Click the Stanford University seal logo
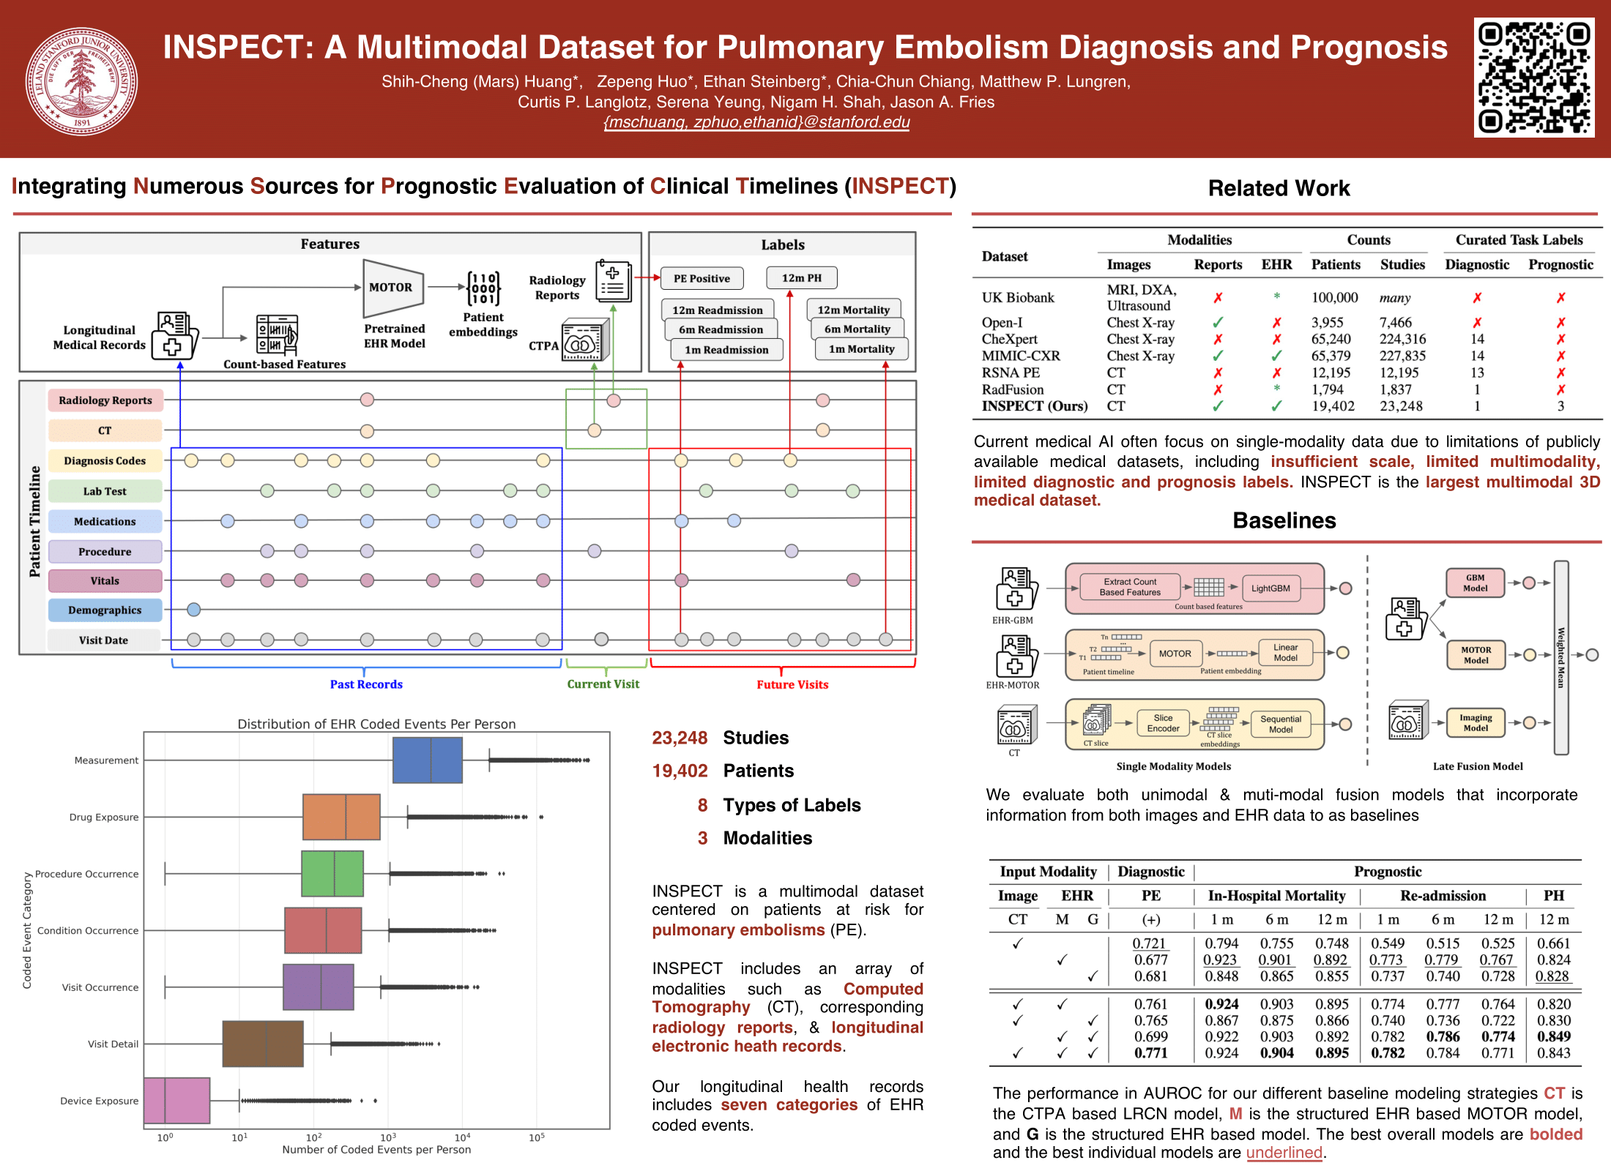pos(81,81)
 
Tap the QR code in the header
pos(1533,78)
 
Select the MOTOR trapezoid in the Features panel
pos(392,288)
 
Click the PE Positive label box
pos(702,278)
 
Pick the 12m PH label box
pos(801,278)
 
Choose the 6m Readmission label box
pos(721,329)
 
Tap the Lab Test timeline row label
pos(105,491)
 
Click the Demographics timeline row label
pos(105,610)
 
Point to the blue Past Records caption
pos(366,684)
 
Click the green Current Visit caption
pos(603,684)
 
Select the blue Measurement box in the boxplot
pos(428,760)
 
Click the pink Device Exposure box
pos(176,1100)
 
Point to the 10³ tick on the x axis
pos(388,1137)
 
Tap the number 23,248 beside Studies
pos(680,738)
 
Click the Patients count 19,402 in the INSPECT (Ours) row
pos(1333,406)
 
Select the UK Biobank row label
pos(1018,298)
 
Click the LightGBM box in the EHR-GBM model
pos(1270,588)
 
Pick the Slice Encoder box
pos(1163,723)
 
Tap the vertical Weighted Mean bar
pos(1561,657)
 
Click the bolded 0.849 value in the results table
pos(1554,1036)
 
